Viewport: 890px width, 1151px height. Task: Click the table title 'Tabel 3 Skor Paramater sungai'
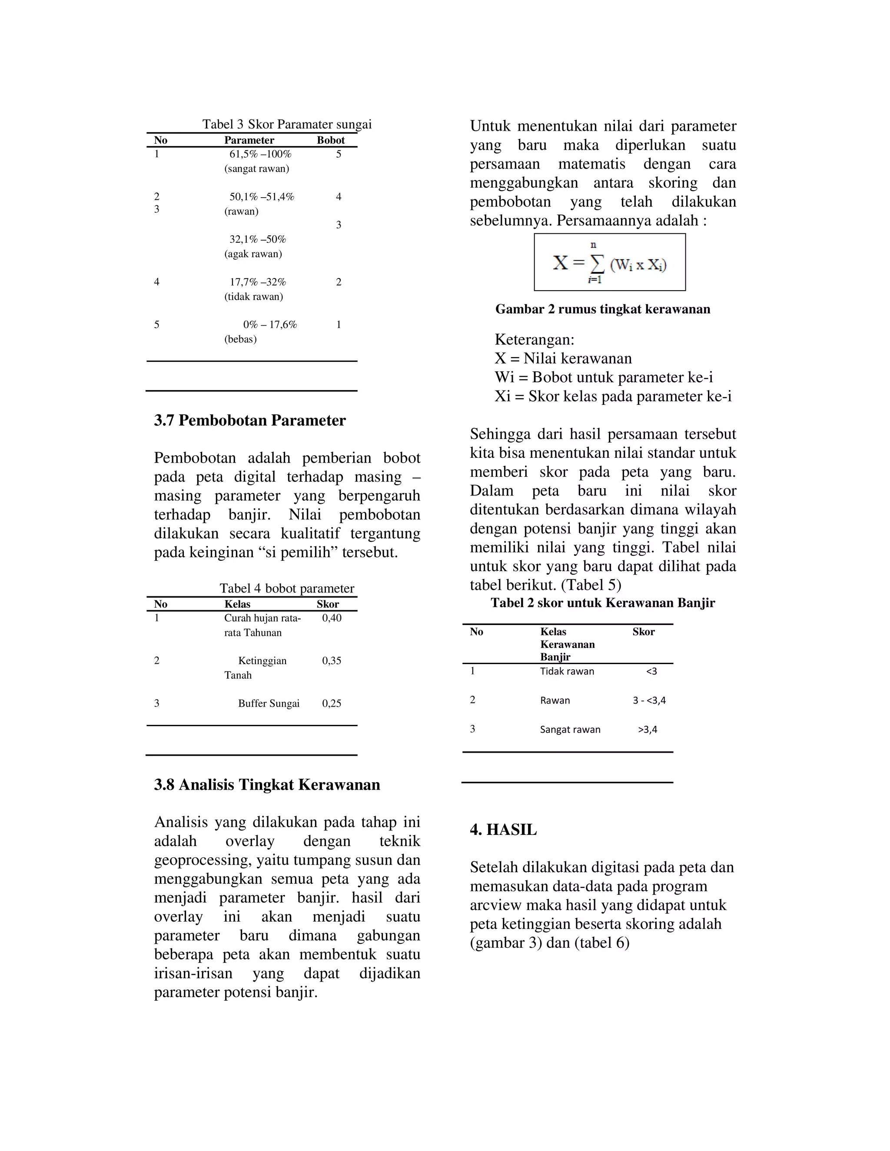pos(287,124)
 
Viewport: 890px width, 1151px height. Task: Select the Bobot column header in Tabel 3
pos(331,140)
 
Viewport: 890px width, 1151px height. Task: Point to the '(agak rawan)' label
pos(253,254)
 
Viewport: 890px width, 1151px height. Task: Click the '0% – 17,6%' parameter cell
pos(270,324)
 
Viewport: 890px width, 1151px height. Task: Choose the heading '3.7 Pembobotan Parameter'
pos(250,420)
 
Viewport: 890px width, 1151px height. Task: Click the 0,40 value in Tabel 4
pos(332,618)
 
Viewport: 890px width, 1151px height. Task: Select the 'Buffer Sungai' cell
pos(269,704)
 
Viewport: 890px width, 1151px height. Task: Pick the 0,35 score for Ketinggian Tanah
pos(332,661)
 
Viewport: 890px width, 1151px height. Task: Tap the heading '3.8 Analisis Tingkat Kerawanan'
pos(267,785)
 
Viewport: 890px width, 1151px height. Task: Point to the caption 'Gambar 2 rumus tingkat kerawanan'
pos(603,309)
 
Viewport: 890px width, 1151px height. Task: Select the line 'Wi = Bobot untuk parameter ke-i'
pos(604,377)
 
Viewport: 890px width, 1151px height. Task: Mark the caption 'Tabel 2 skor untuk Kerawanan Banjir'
pos(603,603)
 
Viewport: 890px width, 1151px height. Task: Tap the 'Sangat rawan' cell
pos(570,730)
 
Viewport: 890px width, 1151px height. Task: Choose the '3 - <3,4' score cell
pos(649,701)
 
